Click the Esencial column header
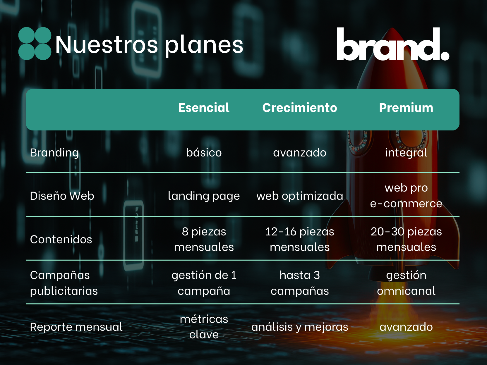coord(204,108)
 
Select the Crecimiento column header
coord(299,108)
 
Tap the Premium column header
coord(406,108)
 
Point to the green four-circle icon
coord(35,44)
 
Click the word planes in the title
coord(204,45)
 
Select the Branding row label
coord(54,153)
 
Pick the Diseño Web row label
coord(62,196)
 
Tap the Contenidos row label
coord(61,239)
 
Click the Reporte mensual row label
coord(76,327)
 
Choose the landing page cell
coord(204,196)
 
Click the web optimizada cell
coord(300,196)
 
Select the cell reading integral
coord(406,153)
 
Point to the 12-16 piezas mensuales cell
coord(300,239)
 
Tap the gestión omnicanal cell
coord(406,283)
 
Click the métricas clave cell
coord(204,327)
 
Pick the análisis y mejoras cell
coord(300,327)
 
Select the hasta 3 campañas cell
coord(300,283)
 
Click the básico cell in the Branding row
coord(204,152)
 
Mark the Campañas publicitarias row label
coord(64,283)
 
